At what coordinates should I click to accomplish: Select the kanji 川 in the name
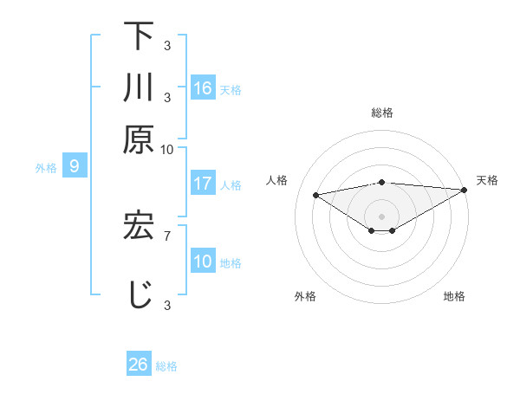tap(139, 88)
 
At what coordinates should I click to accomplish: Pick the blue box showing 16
tap(203, 88)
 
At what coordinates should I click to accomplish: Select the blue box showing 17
tap(203, 184)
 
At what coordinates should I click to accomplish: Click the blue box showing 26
tap(138, 365)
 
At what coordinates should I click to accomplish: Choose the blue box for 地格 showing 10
tap(203, 262)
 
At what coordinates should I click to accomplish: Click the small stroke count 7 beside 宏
tap(166, 234)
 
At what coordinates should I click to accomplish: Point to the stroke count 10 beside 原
tap(167, 149)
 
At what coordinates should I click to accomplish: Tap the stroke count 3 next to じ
tap(166, 305)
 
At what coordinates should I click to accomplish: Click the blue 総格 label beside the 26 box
tap(166, 366)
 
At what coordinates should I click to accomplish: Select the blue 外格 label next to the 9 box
tap(46, 168)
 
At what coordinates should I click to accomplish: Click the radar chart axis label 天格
tap(487, 180)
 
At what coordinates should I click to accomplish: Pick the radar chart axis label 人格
tap(277, 180)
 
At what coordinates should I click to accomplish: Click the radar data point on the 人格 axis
tap(315, 194)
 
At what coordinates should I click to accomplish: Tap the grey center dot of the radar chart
tap(381, 215)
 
